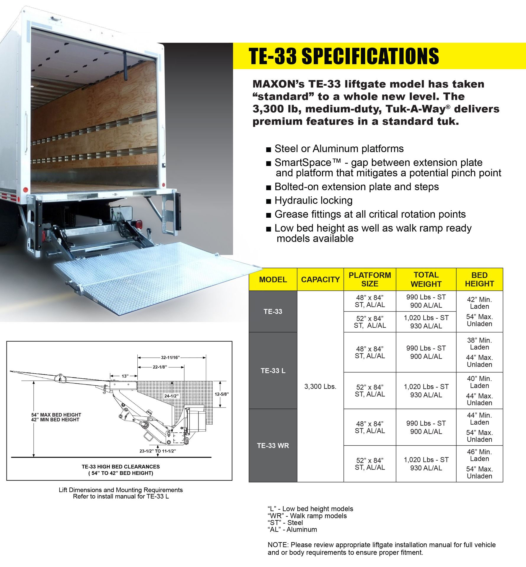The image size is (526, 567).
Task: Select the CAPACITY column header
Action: (320, 279)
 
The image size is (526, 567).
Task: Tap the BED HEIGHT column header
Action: (479, 279)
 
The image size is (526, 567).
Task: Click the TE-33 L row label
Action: (273, 371)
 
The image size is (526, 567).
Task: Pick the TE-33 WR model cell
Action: (273, 445)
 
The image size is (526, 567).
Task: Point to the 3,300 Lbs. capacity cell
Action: (320, 386)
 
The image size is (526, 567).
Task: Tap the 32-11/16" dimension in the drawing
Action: (170, 357)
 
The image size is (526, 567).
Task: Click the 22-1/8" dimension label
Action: (160, 367)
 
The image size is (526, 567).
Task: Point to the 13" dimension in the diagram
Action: (125, 376)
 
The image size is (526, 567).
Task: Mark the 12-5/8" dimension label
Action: (222, 394)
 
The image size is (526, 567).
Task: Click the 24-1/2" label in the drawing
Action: (171, 396)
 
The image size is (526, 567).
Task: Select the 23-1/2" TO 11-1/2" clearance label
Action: (158, 451)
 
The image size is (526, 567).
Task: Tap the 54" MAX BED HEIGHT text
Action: (56, 415)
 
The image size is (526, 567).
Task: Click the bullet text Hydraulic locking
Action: (313, 201)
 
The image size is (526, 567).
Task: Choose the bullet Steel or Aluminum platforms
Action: (339, 149)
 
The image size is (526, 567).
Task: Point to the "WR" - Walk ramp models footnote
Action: (307, 516)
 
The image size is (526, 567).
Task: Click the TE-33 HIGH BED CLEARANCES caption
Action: (120, 467)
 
